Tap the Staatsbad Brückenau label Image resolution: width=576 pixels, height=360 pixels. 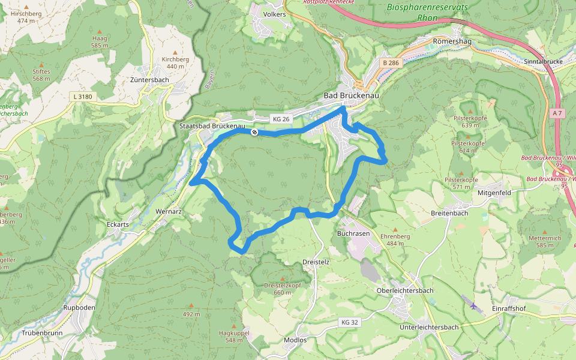tap(211, 126)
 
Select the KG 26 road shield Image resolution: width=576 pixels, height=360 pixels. tap(281, 119)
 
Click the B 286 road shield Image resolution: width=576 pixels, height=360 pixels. tap(391, 62)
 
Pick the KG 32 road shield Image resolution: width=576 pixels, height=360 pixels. tap(349, 322)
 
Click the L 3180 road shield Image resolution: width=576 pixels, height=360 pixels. tap(82, 96)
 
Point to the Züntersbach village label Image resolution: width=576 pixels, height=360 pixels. tap(149, 80)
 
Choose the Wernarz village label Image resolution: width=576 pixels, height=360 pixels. tap(169, 212)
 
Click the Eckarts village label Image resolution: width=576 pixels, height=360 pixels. tap(118, 224)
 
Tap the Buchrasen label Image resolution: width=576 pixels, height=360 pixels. tap(352, 232)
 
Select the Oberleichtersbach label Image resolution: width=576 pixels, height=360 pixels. tap(404, 290)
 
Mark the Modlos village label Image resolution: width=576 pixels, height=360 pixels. tap(295, 340)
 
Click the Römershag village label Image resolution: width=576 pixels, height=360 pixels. tap(449, 41)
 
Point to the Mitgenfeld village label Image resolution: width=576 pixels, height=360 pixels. tap(494, 193)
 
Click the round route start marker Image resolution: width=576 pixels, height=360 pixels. tap(255, 132)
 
